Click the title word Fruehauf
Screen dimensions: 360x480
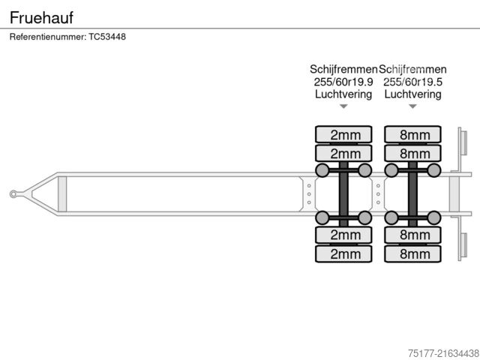[x=41, y=16]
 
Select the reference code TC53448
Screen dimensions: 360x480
[x=107, y=37]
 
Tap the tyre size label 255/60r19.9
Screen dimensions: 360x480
[x=343, y=82]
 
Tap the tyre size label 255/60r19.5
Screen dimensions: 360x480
[x=412, y=82]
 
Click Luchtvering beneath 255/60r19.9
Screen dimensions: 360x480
[x=343, y=94]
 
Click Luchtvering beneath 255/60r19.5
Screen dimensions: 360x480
[x=412, y=94]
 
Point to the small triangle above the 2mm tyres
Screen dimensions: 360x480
[x=343, y=106]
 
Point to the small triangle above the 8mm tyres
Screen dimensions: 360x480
[x=412, y=106]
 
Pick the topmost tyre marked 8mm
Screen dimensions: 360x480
[x=412, y=135]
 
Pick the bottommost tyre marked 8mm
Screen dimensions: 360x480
[x=412, y=253]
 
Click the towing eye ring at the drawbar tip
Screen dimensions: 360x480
[x=13, y=194]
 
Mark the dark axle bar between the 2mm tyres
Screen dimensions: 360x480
[x=343, y=194]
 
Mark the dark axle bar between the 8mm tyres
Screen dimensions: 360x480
[x=412, y=194]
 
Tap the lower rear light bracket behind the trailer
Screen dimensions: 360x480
[x=463, y=245]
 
